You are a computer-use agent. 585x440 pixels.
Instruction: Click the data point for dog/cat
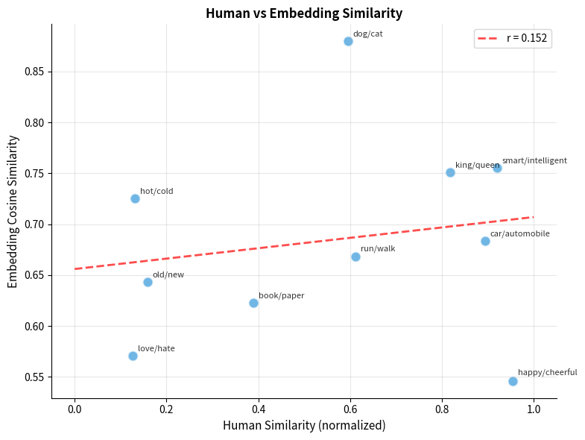point(348,41)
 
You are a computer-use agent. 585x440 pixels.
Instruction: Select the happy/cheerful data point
point(513,381)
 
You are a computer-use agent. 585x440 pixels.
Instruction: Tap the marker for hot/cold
point(135,198)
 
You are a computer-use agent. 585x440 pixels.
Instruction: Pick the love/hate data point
point(133,356)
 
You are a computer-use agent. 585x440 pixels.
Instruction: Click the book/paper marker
point(253,303)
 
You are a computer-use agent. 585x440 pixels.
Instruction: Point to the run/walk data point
point(355,257)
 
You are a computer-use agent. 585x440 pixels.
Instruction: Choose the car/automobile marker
point(485,241)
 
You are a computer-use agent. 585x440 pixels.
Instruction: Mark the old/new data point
point(148,282)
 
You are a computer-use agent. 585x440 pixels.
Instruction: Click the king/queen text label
point(477,166)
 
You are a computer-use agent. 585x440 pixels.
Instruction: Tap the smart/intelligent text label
point(534,160)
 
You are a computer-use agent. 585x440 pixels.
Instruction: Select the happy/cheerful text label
point(547,372)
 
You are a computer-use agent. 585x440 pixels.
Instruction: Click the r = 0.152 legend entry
point(513,39)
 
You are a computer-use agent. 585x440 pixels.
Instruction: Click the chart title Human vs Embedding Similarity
point(304,13)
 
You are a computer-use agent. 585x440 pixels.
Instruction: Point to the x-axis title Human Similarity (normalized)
point(304,426)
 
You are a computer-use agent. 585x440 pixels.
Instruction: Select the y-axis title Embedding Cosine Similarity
point(13,211)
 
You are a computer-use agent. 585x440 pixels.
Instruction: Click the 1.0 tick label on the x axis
point(534,409)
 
